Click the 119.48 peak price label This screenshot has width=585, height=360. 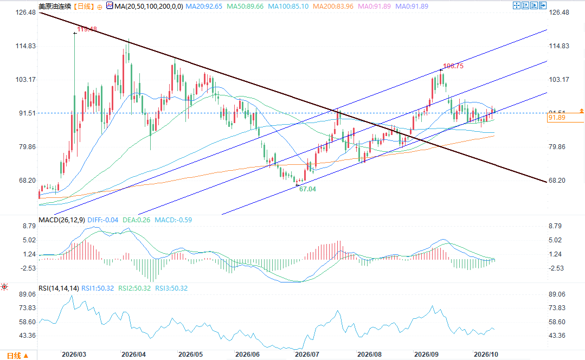[x=87, y=29]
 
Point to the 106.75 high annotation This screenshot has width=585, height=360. [x=453, y=66]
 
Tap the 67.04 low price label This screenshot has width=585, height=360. [x=307, y=189]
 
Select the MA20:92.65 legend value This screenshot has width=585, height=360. [x=204, y=7]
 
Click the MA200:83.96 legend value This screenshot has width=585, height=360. [x=333, y=7]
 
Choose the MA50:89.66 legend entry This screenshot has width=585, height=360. [x=245, y=7]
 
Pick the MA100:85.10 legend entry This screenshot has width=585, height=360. [x=288, y=7]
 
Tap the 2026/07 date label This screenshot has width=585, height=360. [x=307, y=355]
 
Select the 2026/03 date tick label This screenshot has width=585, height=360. [x=74, y=355]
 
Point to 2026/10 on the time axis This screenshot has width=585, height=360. [x=486, y=355]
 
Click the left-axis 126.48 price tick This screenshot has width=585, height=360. [x=25, y=12]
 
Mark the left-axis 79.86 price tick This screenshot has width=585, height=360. [x=27, y=146]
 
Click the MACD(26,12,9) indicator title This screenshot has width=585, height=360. [x=62, y=220]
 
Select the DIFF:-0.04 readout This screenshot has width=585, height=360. [x=102, y=220]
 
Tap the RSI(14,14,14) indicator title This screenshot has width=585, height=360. [x=59, y=288]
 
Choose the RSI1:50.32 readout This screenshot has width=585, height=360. [x=98, y=288]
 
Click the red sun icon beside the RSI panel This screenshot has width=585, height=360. [x=4, y=287]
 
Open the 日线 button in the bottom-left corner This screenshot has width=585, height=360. [x=17, y=356]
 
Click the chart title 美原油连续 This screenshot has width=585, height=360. [x=55, y=7]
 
